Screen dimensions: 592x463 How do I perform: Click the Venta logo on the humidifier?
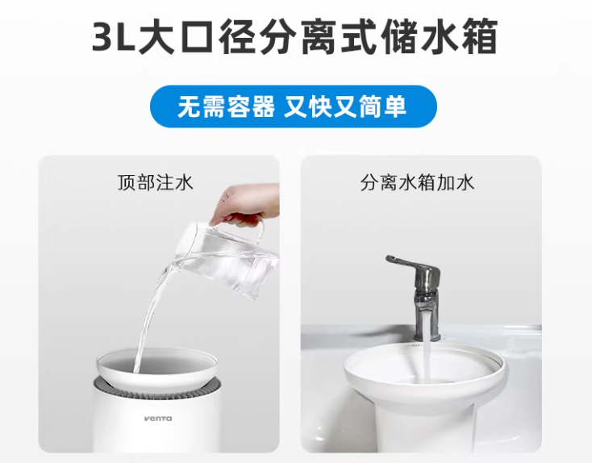click(x=158, y=419)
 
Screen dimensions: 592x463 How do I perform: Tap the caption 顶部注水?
click(x=155, y=182)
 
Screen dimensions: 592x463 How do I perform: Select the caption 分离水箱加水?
click(x=417, y=182)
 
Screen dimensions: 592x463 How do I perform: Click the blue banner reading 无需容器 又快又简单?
click(x=294, y=106)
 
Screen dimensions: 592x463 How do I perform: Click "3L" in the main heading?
click(x=114, y=38)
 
